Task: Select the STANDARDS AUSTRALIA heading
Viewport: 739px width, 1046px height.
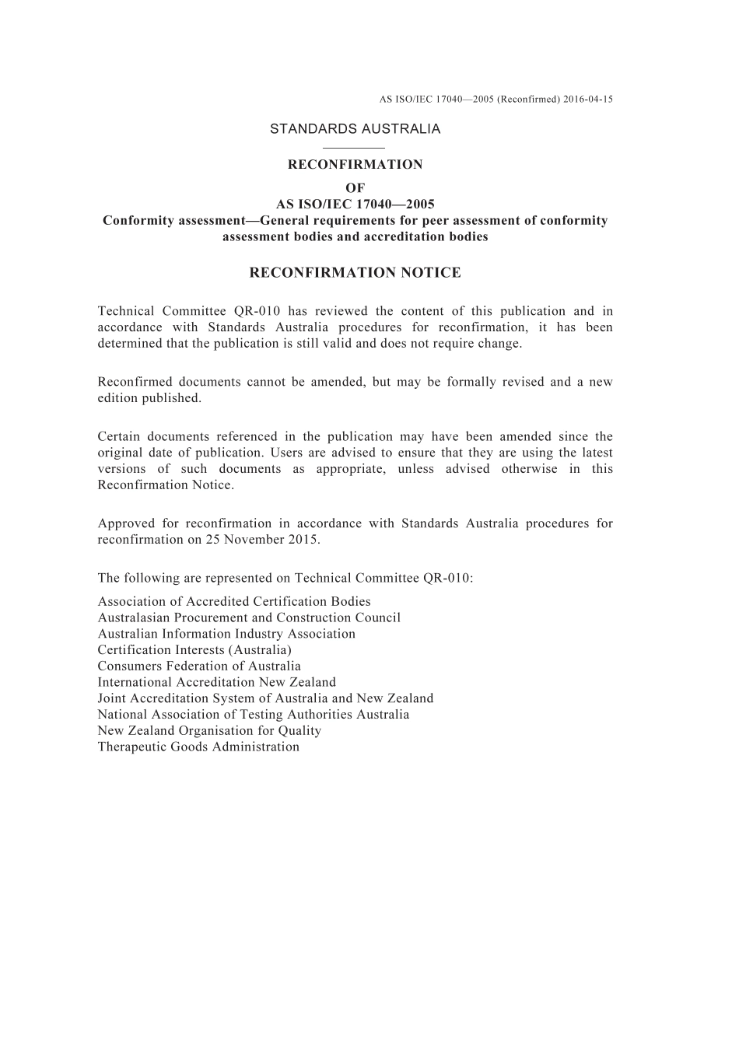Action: pyautogui.click(x=355, y=129)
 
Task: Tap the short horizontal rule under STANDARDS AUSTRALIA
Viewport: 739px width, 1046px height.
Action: pyautogui.click(x=355, y=147)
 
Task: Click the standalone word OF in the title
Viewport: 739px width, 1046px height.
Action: pyautogui.click(x=355, y=187)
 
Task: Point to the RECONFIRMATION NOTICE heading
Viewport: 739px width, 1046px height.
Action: pyautogui.click(x=355, y=273)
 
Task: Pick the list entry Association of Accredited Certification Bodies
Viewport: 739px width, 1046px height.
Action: pyautogui.click(x=234, y=601)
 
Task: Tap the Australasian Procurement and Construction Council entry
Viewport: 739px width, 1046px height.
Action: pyautogui.click(x=249, y=617)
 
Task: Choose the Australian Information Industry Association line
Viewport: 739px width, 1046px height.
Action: pyautogui.click(x=226, y=634)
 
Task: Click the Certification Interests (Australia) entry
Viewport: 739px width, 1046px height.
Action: pyautogui.click(x=194, y=650)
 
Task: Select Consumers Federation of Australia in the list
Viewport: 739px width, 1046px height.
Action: pyautogui.click(x=199, y=666)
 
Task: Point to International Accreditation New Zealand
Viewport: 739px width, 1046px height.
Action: pyautogui.click(x=217, y=682)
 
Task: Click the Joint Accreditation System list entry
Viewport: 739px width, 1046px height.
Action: pyautogui.click(x=265, y=698)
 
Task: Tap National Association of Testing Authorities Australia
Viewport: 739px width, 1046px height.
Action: pyautogui.click(x=253, y=715)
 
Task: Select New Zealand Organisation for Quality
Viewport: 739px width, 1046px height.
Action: pyautogui.click(x=209, y=731)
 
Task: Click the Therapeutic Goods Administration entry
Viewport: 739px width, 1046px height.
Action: pyautogui.click(x=198, y=747)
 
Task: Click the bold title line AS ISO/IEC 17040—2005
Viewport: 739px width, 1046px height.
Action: pyautogui.click(x=355, y=205)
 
